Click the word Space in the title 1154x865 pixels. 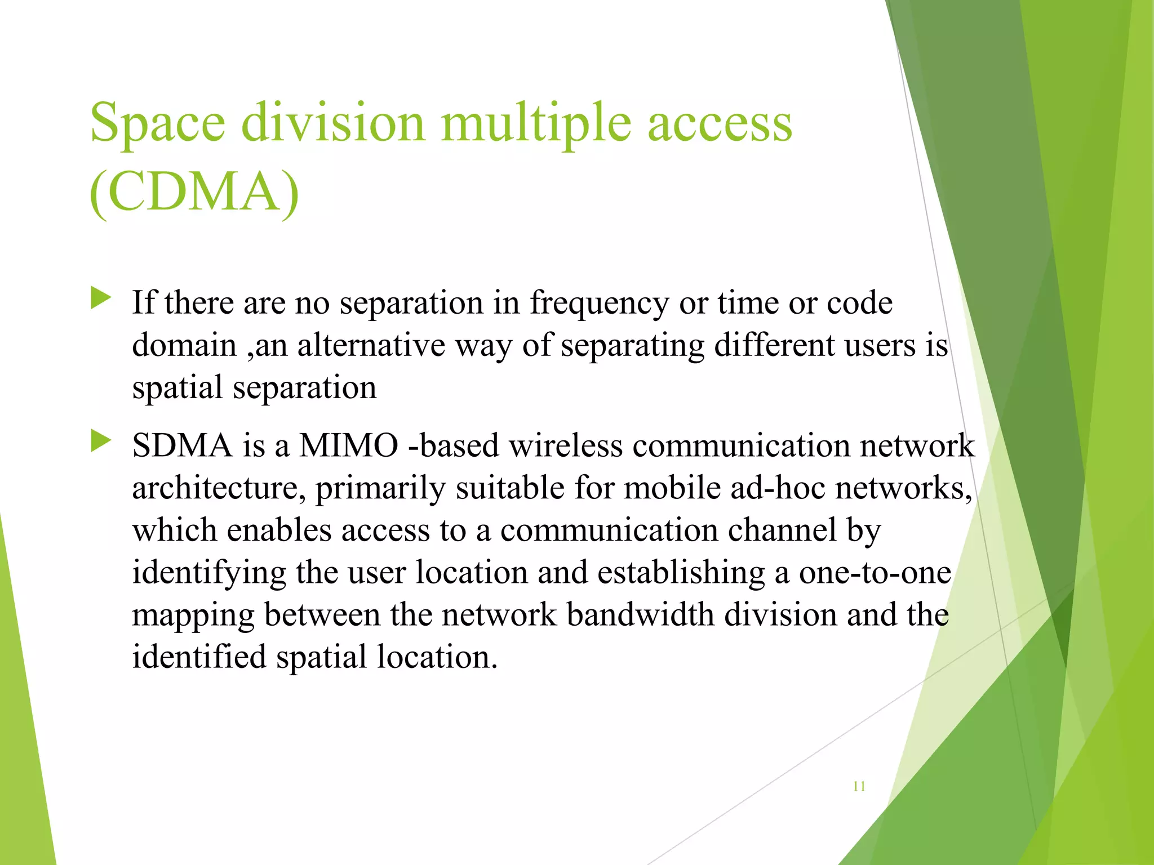157,123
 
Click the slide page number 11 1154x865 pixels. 859,786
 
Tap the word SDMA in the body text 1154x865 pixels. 182,446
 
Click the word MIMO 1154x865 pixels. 348,446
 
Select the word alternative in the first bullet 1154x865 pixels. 371,345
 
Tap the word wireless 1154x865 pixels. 566,446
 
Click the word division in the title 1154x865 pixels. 333,123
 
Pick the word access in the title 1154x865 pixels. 720,123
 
